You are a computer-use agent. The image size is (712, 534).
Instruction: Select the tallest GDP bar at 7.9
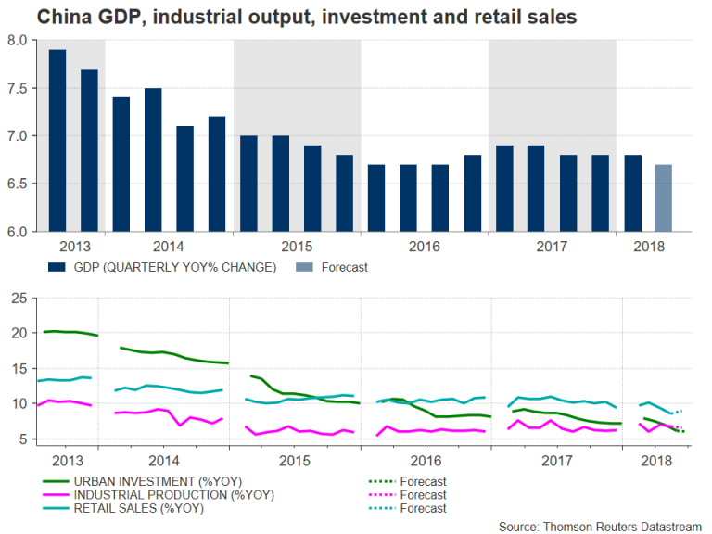[x=57, y=139]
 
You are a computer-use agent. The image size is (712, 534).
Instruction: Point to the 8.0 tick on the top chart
[x=18, y=40]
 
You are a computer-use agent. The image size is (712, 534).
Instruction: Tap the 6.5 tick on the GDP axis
[x=18, y=184]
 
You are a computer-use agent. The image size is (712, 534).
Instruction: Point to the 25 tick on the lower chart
[x=17, y=297]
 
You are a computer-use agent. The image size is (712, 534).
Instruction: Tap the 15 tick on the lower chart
[x=17, y=368]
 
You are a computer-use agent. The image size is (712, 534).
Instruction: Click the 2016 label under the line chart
[x=424, y=461]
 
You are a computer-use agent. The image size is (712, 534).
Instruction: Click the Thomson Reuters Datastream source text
[x=602, y=524]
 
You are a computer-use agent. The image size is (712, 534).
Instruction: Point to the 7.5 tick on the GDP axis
[x=18, y=88]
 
